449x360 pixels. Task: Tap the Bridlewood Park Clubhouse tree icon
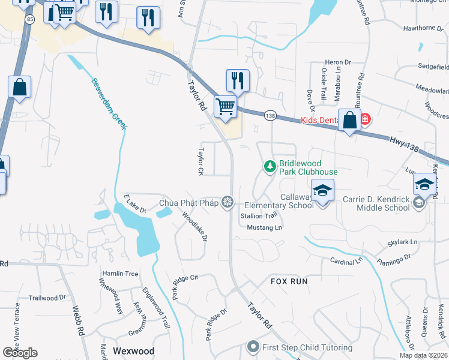[270, 166]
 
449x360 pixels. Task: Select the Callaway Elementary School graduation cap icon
[323, 191]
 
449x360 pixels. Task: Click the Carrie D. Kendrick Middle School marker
[419, 203]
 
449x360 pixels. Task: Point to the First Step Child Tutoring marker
[253, 347]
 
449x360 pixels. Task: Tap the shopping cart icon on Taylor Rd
[225, 107]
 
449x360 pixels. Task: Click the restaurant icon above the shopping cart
[238, 79]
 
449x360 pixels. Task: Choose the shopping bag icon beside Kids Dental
[349, 120]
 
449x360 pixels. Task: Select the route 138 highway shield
[271, 115]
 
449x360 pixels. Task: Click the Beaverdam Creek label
[110, 103]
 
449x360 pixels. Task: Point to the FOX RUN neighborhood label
[289, 281]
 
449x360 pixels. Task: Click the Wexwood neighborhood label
[134, 351]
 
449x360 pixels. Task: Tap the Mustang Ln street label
[264, 228]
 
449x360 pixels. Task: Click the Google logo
[20, 353]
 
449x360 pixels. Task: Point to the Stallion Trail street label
[259, 215]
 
